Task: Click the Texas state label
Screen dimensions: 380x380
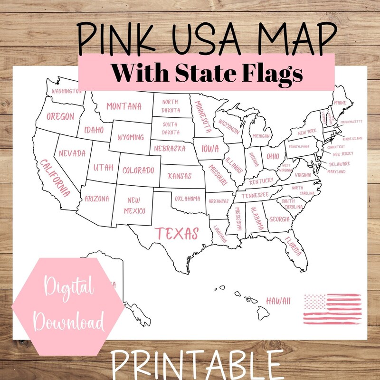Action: pos(178,233)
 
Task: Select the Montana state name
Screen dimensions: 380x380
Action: pos(124,106)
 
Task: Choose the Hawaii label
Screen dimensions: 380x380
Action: pos(278,301)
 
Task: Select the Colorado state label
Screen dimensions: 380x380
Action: pos(138,170)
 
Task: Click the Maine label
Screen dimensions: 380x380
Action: pos(340,102)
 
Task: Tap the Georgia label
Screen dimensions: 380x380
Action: pos(279,219)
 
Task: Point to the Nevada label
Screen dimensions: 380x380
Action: pos(72,153)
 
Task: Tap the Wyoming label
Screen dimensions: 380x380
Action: pos(130,137)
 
